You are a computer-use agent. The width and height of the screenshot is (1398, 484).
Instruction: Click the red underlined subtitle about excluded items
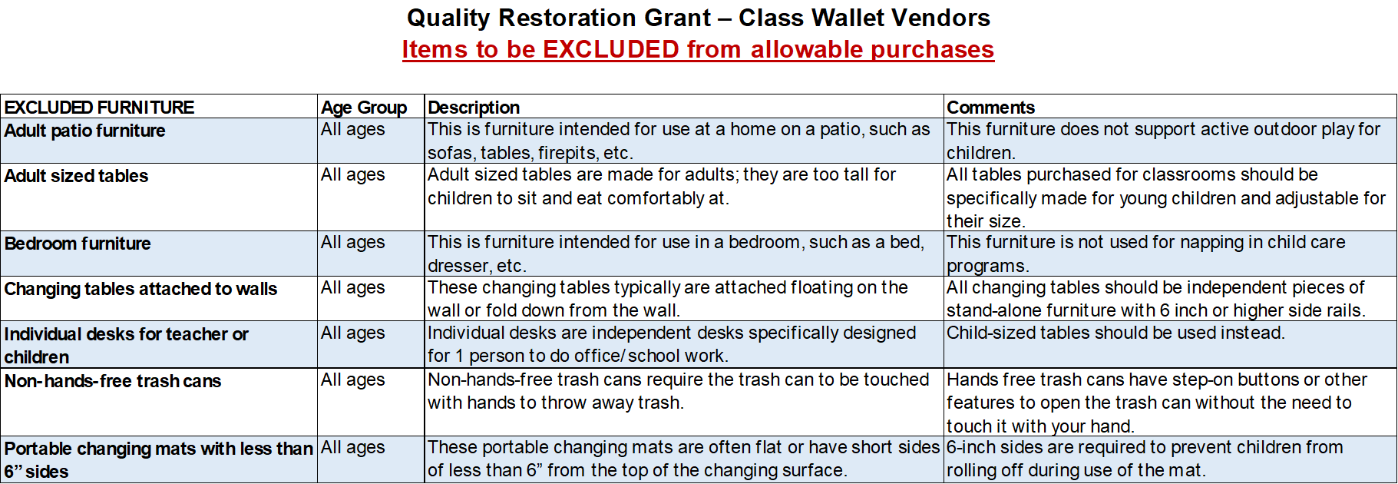[x=698, y=49]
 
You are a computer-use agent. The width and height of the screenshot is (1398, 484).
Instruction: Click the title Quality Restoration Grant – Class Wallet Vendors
[x=699, y=17]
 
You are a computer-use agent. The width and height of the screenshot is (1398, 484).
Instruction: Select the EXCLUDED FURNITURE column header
[x=99, y=107]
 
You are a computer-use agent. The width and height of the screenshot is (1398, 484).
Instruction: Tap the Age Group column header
[x=364, y=108]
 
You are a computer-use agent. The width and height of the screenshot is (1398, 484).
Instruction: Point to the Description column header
[x=474, y=108]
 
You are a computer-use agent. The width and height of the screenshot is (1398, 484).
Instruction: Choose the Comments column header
[x=990, y=107]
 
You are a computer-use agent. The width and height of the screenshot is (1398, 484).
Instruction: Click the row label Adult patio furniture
[x=84, y=131]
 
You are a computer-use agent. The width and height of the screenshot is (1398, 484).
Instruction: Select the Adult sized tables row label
[x=76, y=176]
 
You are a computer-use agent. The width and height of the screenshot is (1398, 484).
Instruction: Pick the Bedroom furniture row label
[x=78, y=244]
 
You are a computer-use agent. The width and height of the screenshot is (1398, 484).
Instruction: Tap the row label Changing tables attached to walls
[x=140, y=289]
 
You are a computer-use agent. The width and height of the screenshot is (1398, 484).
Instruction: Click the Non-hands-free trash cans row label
[x=112, y=381]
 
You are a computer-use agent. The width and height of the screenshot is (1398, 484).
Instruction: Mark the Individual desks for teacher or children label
[x=126, y=346]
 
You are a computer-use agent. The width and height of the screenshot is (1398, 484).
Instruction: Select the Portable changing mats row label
[x=158, y=459]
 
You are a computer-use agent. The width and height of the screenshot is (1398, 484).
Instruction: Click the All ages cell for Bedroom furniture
[x=352, y=242]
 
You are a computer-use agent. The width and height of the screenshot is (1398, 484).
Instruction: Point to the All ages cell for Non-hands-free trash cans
[x=352, y=380]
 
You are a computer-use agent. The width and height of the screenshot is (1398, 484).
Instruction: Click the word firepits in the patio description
[x=570, y=153]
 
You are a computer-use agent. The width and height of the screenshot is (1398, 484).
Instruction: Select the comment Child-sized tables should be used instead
[x=1115, y=333]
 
